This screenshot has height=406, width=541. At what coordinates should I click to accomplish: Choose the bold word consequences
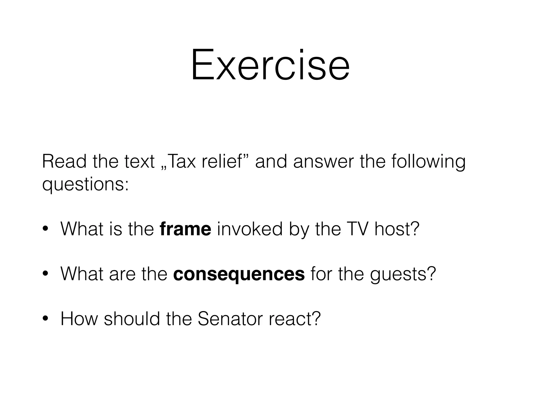[x=239, y=274]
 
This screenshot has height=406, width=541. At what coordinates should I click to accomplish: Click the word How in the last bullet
[x=79, y=319]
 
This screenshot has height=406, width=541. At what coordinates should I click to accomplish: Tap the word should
[x=132, y=319]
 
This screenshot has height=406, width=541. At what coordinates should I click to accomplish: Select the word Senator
[x=230, y=319]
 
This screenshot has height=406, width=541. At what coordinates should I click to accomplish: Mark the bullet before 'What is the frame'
[x=45, y=229]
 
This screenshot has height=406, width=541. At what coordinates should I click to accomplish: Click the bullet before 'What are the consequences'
[x=45, y=274]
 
